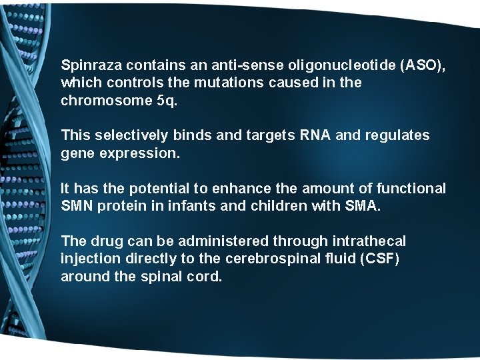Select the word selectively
[131, 135]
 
